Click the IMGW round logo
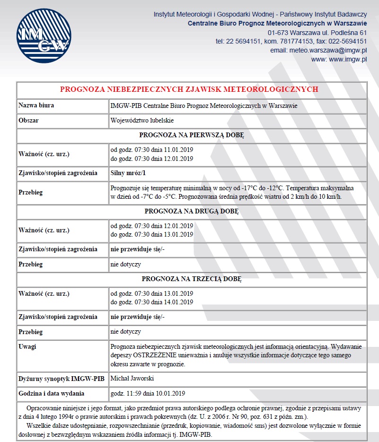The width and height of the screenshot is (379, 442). coord(43,36)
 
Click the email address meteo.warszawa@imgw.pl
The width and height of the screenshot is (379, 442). coord(318,50)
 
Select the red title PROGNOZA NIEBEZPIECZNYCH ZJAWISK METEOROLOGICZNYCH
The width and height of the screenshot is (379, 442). coord(189,89)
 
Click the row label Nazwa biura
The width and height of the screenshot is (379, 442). coord(36,106)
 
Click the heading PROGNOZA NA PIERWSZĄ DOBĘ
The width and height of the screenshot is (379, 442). coord(191,135)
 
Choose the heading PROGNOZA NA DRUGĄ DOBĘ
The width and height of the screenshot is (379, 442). coord(191,211)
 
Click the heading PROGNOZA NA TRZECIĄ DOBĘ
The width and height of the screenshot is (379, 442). coord(191,279)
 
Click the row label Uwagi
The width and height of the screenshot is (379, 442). coord(27,346)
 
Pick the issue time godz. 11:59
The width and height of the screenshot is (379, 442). coord(126,393)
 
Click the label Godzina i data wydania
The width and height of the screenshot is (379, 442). coord(51,393)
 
